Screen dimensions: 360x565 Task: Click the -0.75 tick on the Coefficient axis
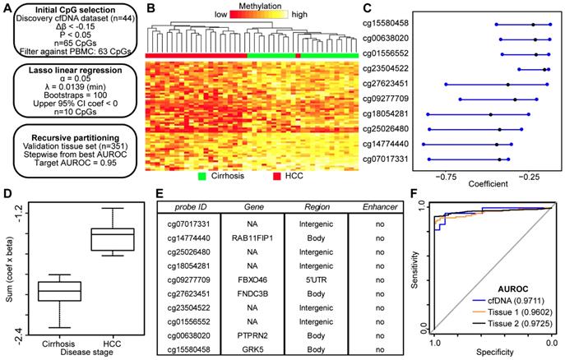[x=447, y=175]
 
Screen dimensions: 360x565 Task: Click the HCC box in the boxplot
[x=112, y=240]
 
